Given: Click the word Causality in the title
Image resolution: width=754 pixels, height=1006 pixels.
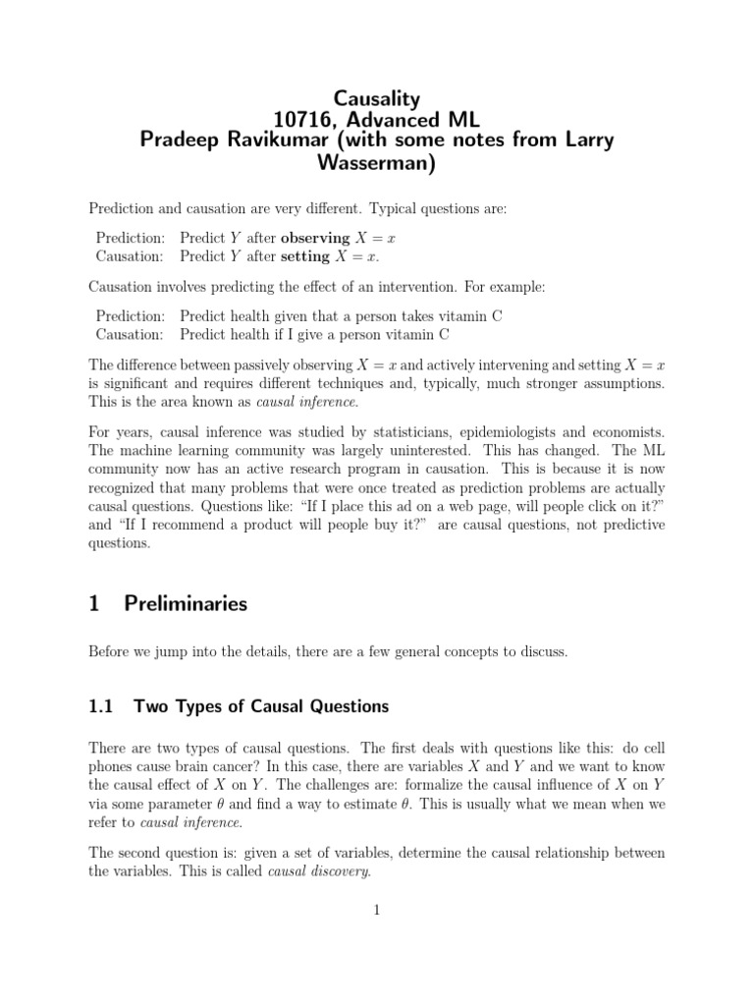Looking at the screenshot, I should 377,97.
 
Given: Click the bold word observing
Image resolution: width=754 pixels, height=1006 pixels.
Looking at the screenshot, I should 315,238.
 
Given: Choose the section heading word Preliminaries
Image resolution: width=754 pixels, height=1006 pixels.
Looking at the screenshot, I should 186,604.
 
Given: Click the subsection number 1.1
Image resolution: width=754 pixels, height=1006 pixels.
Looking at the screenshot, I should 102,705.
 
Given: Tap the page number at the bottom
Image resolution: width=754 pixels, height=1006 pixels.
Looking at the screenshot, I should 376,911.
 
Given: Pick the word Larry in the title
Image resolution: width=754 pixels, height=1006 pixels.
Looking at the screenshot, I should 587,140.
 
